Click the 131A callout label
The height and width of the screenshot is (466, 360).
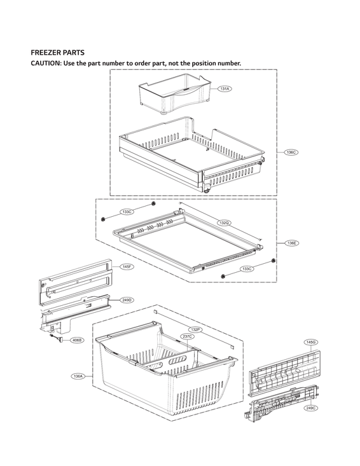click(x=225, y=89)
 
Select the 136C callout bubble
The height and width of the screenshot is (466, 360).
click(x=291, y=153)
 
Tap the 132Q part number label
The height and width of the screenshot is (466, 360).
click(x=224, y=223)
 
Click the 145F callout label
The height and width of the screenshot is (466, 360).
click(x=127, y=267)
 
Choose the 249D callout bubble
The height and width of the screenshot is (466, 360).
click(x=127, y=300)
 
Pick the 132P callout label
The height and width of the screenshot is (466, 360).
click(x=196, y=330)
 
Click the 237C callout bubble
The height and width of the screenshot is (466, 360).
click(x=187, y=336)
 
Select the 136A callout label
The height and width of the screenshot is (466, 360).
click(x=78, y=376)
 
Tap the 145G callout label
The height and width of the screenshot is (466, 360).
click(x=310, y=342)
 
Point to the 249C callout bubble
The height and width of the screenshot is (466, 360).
click(x=310, y=408)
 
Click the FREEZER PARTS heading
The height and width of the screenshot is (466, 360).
click(x=58, y=53)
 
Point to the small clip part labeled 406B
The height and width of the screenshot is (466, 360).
click(x=59, y=339)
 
